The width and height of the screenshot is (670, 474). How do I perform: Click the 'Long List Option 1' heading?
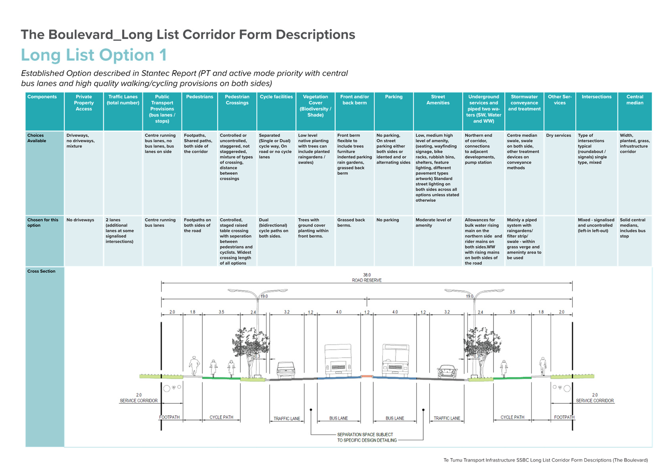click(x=94, y=55)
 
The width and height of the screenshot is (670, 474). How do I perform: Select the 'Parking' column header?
click(x=394, y=96)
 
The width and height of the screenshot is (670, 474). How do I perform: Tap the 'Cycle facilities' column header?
click(x=276, y=96)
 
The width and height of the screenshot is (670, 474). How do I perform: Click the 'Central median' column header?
click(x=635, y=100)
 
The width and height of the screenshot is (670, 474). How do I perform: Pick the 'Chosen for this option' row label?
click(x=43, y=222)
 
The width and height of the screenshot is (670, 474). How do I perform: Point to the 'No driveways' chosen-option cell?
click(x=80, y=220)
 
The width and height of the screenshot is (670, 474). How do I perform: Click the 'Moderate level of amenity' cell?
click(x=433, y=222)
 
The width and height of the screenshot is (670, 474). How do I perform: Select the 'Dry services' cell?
click(x=559, y=135)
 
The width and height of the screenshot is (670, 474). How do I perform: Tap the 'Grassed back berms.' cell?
click(x=351, y=222)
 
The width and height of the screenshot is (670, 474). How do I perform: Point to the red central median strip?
click(x=367, y=376)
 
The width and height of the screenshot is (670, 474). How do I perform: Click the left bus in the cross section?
click(x=338, y=360)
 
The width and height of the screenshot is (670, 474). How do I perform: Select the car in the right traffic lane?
click(x=447, y=371)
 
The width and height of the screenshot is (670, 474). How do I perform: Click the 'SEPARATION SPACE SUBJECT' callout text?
click(x=365, y=434)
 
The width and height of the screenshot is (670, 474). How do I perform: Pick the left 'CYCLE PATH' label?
click(x=221, y=417)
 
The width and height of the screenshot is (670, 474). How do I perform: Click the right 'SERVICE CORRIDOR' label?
click(x=595, y=401)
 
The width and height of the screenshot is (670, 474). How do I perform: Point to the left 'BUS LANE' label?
click(x=338, y=418)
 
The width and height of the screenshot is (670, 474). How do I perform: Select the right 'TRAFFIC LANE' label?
click(x=447, y=418)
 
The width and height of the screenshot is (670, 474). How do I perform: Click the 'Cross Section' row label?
click(x=41, y=271)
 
